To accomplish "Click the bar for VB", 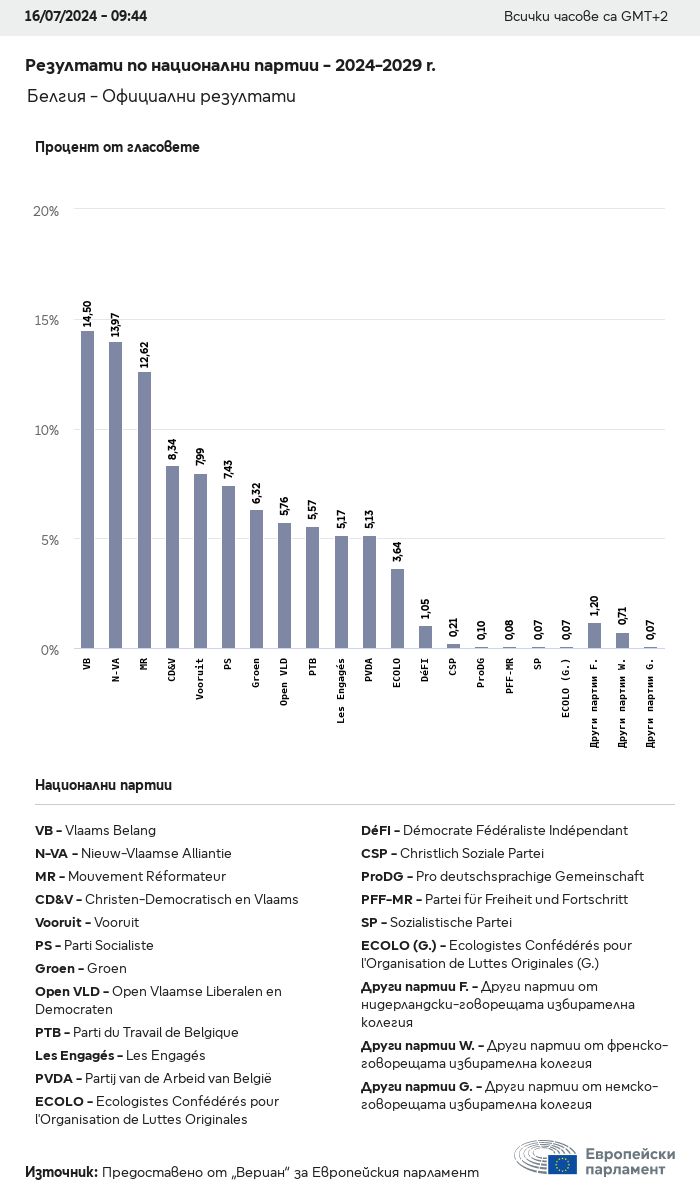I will (87, 490).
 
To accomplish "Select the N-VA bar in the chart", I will (116, 495).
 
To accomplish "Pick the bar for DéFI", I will (425, 637).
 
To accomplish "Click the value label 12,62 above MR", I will (144, 357).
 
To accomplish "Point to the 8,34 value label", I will (172, 451).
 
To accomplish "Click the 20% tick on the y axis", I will (46, 211).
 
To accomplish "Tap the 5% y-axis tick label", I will (49, 540).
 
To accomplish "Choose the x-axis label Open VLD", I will (285, 683).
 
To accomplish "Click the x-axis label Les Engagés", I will (341, 691).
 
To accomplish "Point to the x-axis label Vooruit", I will (200, 679).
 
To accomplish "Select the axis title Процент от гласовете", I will (117, 147).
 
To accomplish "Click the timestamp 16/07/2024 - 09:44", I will (85, 17).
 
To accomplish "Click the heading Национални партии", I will (103, 785).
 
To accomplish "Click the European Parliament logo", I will (595, 1160).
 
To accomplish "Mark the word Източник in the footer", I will (61, 1171).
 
